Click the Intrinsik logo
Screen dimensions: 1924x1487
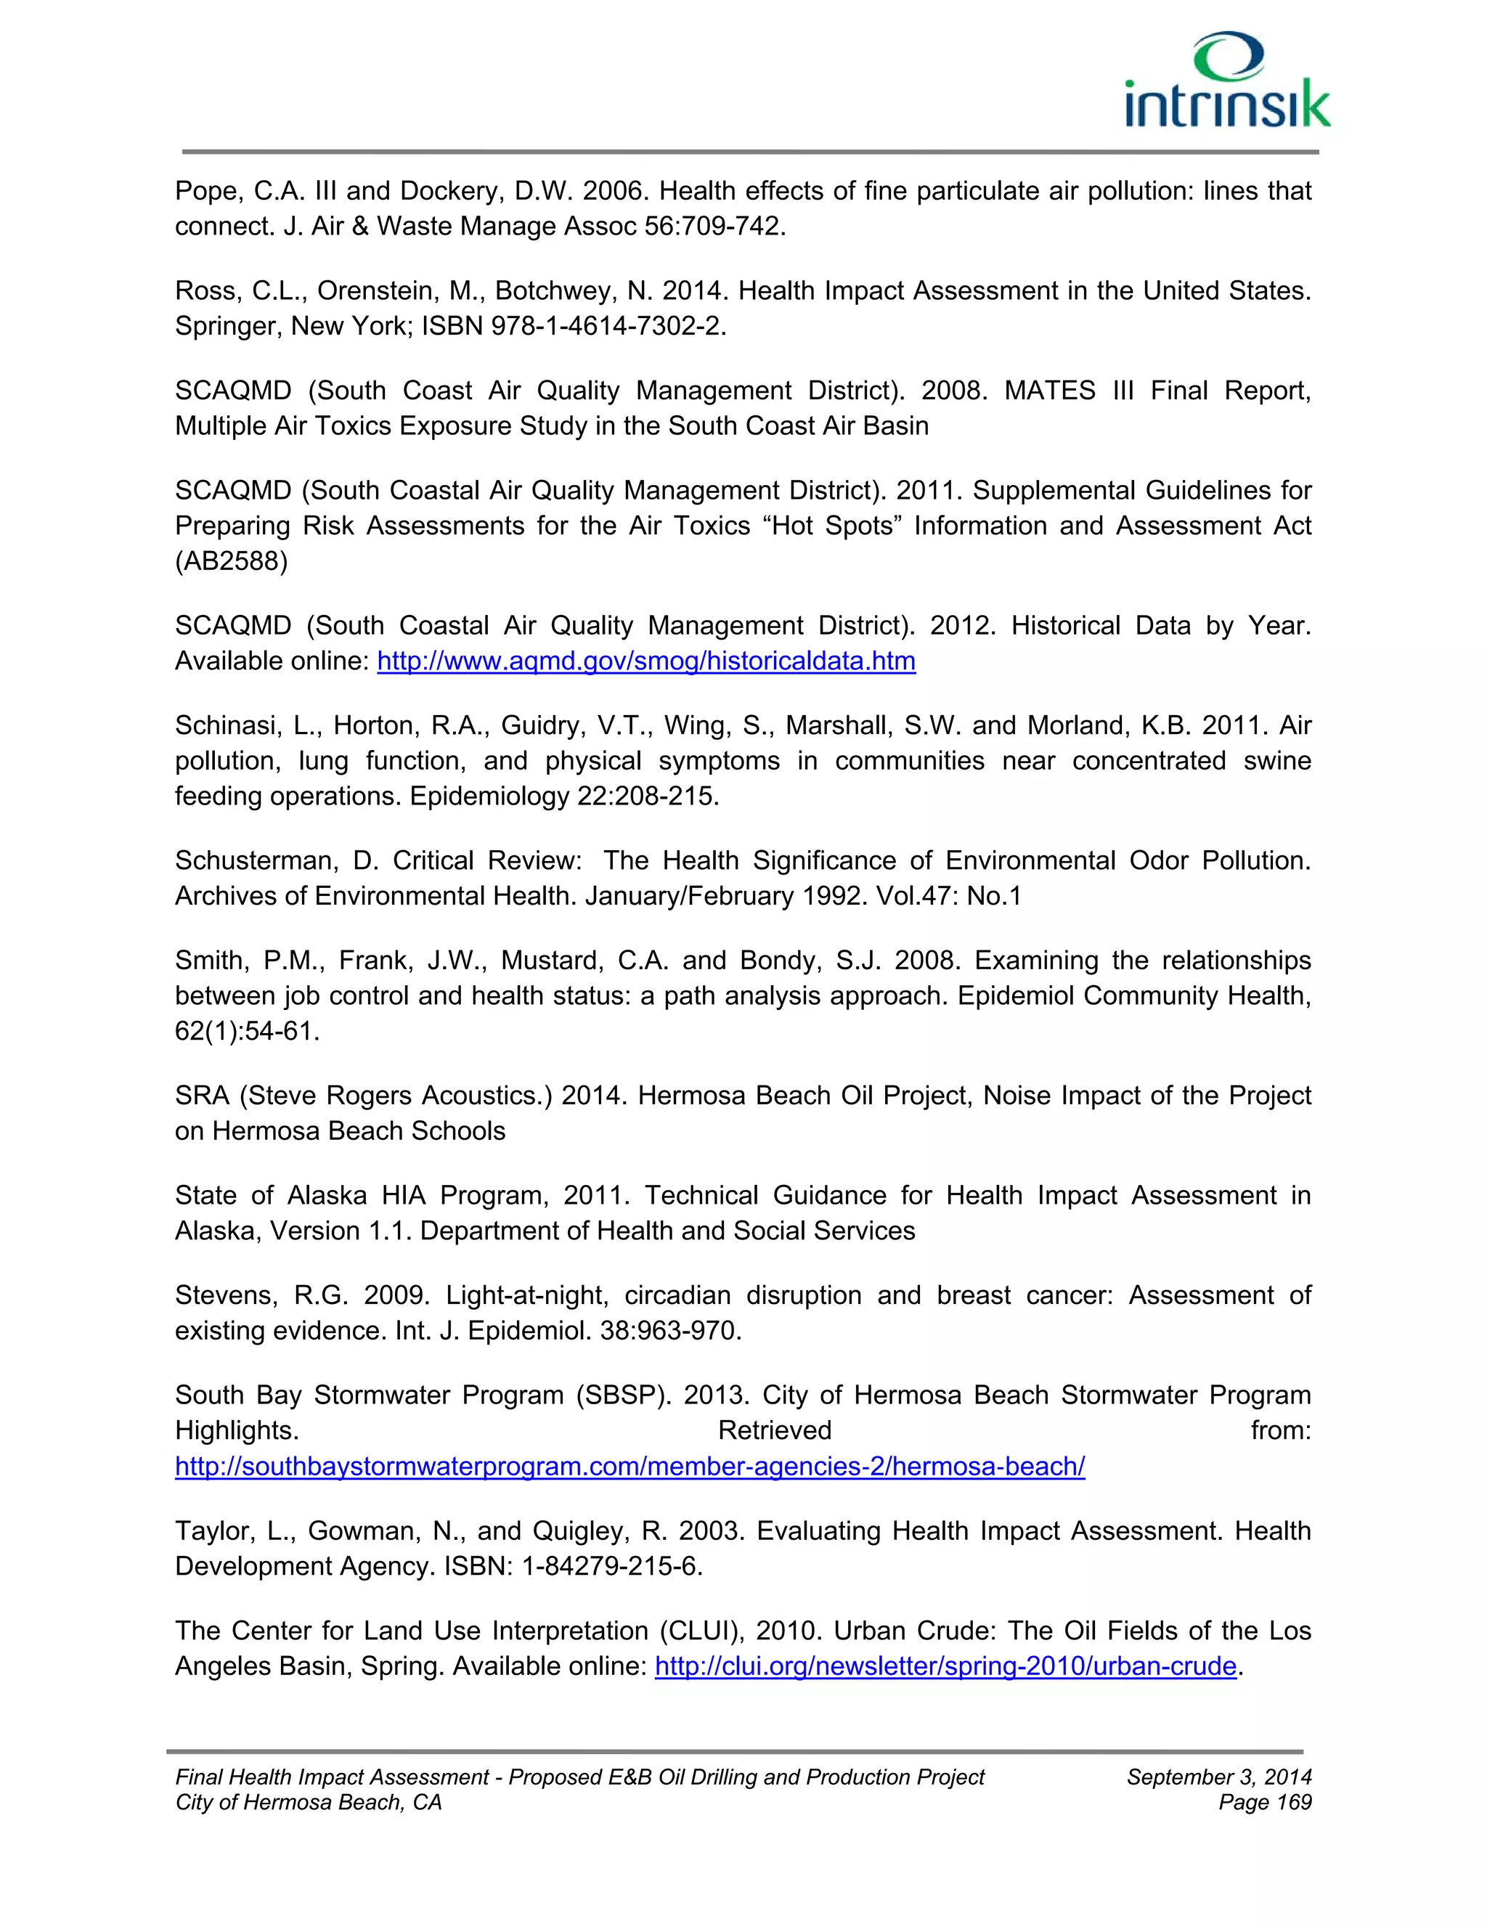[1227, 82]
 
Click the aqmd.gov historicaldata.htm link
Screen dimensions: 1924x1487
[645, 661]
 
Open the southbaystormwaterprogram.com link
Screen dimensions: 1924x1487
[629, 1466]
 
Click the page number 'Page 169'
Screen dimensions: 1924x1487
[1264, 1803]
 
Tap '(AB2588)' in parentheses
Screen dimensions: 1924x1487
[231, 561]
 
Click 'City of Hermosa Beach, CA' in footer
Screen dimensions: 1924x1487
[309, 1803]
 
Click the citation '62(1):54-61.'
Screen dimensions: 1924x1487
[247, 1031]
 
